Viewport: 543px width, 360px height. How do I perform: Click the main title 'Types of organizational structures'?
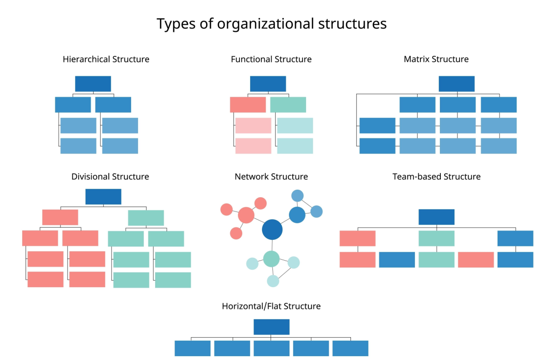(x=271, y=23)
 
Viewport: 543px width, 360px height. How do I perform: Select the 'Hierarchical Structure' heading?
(x=106, y=59)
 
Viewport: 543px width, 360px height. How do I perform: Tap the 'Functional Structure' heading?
(x=271, y=59)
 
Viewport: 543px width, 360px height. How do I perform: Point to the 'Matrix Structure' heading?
(x=436, y=59)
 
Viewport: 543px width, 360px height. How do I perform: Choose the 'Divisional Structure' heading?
(x=110, y=176)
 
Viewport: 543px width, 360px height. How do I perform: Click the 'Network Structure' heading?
(x=271, y=176)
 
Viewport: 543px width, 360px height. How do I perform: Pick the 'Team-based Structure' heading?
(x=436, y=176)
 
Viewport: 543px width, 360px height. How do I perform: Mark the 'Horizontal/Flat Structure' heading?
(x=271, y=306)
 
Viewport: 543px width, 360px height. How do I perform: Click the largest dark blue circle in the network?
(x=272, y=229)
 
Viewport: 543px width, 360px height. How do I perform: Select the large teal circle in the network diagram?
(x=271, y=259)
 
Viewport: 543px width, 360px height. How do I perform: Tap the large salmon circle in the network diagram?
(x=246, y=215)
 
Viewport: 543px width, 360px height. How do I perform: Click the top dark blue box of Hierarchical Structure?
(x=93, y=84)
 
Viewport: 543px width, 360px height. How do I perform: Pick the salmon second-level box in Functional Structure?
(x=248, y=105)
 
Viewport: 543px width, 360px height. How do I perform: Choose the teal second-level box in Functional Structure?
(x=288, y=105)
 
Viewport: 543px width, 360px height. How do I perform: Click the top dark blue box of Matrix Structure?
(x=456, y=84)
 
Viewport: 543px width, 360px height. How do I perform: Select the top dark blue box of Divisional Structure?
(x=103, y=196)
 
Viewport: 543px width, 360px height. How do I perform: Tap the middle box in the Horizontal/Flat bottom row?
(x=271, y=348)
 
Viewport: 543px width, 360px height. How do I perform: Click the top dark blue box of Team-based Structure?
(x=436, y=217)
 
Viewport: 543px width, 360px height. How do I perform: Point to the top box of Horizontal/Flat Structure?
(x=271, y=327)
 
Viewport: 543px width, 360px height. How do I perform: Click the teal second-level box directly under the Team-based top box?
(x=436, y=238)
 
